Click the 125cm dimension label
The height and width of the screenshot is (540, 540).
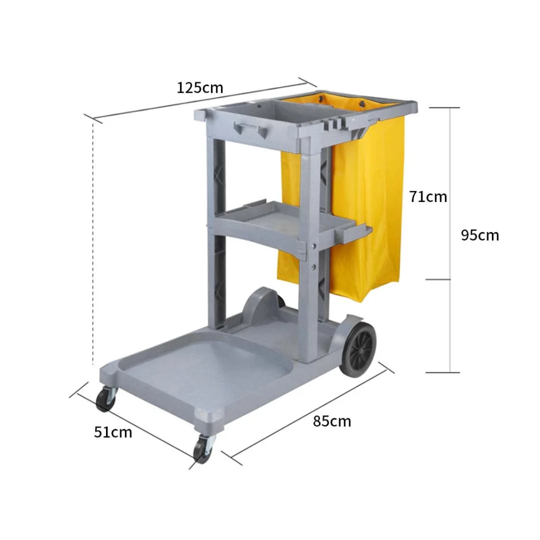[x=200, y=87]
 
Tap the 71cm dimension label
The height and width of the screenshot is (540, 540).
[x=428, y=197]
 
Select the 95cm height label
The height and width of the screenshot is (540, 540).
[x=479, y=235]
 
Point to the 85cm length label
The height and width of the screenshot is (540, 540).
[x=332, y=421]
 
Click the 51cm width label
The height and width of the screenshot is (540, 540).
[x=113, y=432]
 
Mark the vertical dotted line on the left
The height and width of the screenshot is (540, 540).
[x=93, y=243]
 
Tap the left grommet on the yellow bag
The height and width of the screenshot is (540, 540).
[x=320, y=99]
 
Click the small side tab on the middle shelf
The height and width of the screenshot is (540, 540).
[x=359, y=232]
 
